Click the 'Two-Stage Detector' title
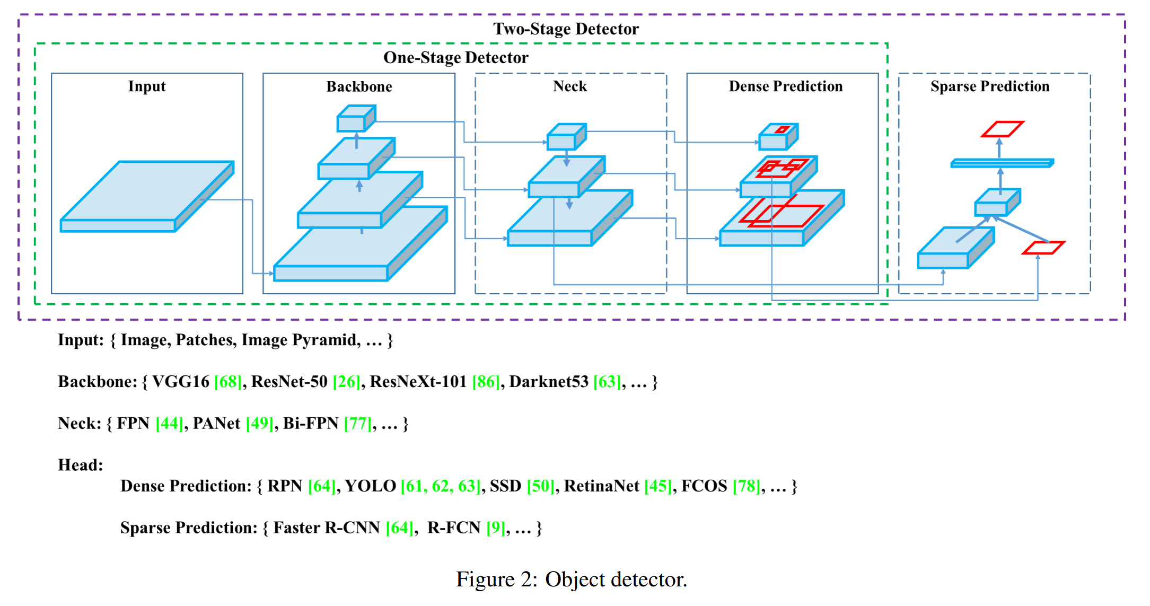[x=566, y=29]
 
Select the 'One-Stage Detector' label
[x=456, y=57]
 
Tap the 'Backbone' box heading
[x=359, y=86]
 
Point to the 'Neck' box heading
[x=570, y=86]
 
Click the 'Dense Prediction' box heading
[x=785, y=86]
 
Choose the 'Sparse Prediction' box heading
[x=990, y=86]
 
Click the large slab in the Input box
[x=147, y=197]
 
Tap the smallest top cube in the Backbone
[x=356, y=118]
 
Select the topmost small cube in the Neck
[x=566, y=137]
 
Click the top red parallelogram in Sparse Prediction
[x=1002, y=129]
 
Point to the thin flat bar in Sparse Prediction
[x=1002, y=163]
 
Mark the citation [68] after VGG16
[x=228, y=382]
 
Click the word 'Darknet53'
[x=549, y=382]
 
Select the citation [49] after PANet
[x=260, y=424]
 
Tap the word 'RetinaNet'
[x=602, y=486]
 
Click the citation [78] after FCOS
[x=747, y=486]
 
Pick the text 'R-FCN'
[x=454, y=528]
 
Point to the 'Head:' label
[x=81, y=465]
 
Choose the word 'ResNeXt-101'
[x=418, y=382]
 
